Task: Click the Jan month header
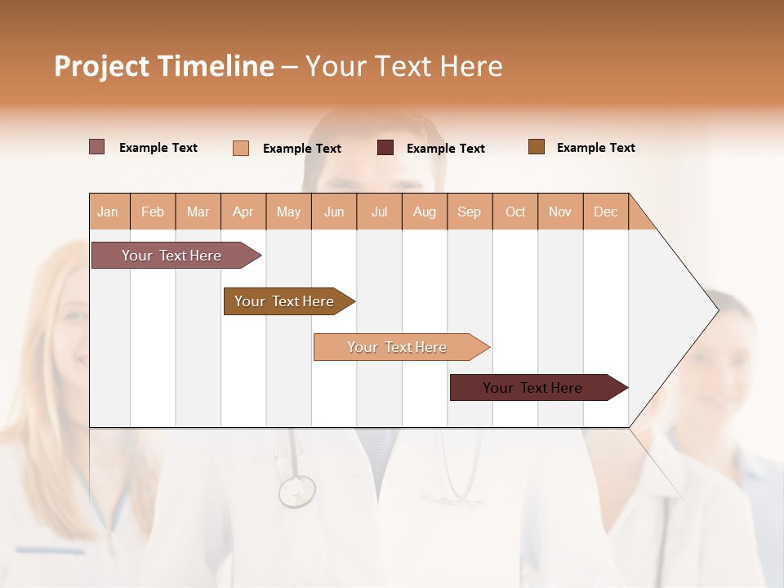click(109, 212)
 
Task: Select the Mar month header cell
click(198, 212)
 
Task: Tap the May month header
click(288, 212)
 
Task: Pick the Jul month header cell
click(379, 212)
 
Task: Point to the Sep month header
click(469, 212)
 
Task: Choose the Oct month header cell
click(514, 212)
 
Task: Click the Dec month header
click(605, 212)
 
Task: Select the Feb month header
click(153, 212)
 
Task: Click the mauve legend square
click(97, 147)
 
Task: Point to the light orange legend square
click(241, 148)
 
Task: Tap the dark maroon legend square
click(385, 147)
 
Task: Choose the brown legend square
click(537, 147)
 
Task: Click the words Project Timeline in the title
click(163, 66)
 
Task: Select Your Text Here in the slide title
click(403, 66)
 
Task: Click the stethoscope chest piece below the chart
click(296, 491)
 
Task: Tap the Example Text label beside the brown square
click(595, 147)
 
